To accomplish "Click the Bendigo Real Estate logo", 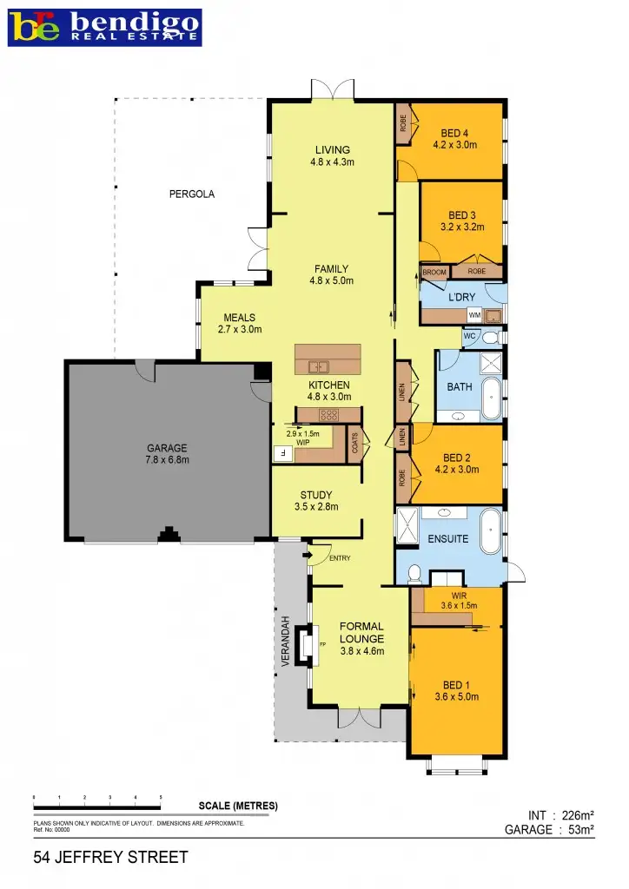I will tap(104, 27).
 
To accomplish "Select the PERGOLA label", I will tap(191, 194).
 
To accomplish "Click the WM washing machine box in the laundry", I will tap(474, 315).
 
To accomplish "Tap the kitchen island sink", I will tap(317, 365).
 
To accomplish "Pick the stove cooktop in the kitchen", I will tap(329, 414).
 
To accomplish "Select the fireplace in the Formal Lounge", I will tap(306, 646).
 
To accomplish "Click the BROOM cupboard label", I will tap(434, 273).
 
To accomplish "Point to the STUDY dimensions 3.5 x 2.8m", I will tap(316, 507).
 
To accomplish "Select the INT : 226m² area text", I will tap(560, 815).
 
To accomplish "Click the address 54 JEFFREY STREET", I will tap(110, 858).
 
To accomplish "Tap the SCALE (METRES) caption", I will tap(238, 806).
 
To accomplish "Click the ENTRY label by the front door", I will tap(340, 558).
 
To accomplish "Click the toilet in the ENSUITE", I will tap(414, 574).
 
